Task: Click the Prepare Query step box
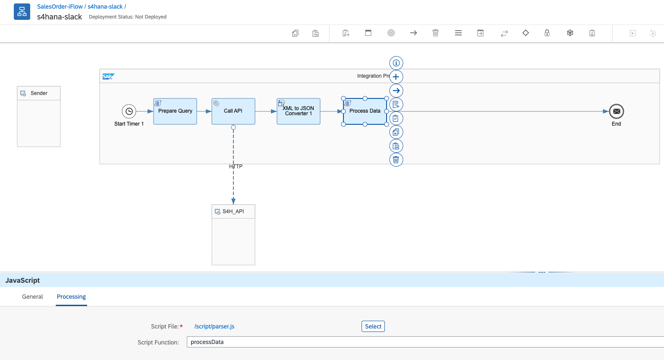pos(175,111)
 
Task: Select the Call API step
pos(233,111)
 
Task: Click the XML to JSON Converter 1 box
pos(299,111)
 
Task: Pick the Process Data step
pos(365,111)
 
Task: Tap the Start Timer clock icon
pos(129,111)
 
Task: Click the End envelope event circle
pos(617,111)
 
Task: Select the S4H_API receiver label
pos(233,212)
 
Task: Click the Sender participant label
pos(39,93)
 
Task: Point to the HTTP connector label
pos(236,167)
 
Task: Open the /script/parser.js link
pos(214,326)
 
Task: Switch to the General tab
pos(32,297)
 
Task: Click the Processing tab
pos(71,297)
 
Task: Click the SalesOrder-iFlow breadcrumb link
pos(60,6)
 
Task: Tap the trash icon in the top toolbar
pos(435,33)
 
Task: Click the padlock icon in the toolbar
pos(547,33)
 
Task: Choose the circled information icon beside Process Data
pos(396,63)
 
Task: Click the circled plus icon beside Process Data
pos(396,77)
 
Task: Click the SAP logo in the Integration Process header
pos(108,76)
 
